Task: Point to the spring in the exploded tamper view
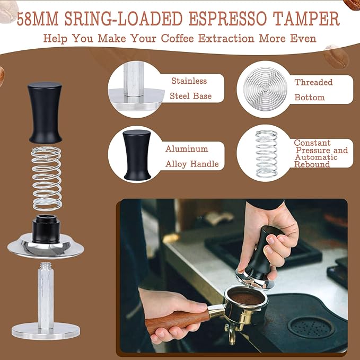(47, 178)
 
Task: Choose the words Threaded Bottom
(313, 90)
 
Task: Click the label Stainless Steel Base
(190, 89)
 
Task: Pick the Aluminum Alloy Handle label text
(191, 156)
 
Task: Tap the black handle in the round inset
(137, 154)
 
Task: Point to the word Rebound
(312, 164)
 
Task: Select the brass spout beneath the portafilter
(232, 334)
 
